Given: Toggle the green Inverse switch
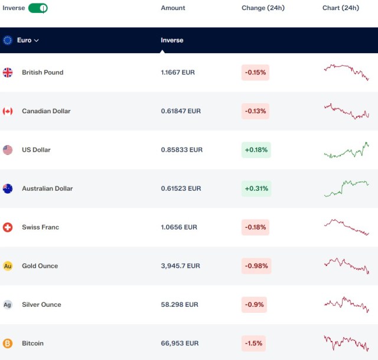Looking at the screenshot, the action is [x=38, y=8].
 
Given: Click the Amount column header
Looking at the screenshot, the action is [x=173, y=8].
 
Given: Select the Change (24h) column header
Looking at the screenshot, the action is [x=263, y=8].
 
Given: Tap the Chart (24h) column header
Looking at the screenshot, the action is [x=341, y=8].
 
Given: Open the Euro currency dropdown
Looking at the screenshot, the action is [x=28, y=40].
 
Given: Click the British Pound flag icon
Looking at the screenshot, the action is [x=8, y=72].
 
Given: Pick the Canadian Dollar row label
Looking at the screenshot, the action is [x=46, y=111].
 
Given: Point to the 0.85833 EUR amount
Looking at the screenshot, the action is [x=181, y=150].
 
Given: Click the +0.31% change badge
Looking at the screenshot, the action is [x=256, y=188].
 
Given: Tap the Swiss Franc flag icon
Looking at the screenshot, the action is [x=8, y=227].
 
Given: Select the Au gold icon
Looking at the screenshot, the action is [x=8, y=266].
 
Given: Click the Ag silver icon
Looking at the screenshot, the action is [x=8, y=305].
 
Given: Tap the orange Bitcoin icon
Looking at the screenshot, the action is [x=8, y=343].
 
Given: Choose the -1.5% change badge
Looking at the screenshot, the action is [x=253, y=343].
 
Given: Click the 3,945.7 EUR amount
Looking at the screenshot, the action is [x=180, y=266].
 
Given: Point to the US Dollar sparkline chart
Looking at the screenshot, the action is [x=347, y=150].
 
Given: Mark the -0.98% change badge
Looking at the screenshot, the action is [x=256, y=266].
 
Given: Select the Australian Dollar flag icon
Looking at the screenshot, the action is [x=8, y=188].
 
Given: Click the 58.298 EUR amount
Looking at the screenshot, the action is [x=180, y=305].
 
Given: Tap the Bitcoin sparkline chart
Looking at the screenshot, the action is [x=347, y=343].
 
